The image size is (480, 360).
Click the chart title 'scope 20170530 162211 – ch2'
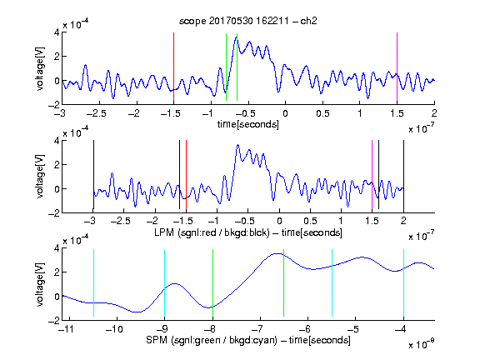[248, 21]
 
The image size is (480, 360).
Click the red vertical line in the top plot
[173, 67]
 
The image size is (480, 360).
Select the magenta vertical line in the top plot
[397, 67]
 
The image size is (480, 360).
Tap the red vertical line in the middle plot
[186, 174]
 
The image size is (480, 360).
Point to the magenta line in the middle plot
[372, 174]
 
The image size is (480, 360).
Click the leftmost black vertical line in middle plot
[93, 174]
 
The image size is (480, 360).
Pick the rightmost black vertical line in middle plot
[403, 174]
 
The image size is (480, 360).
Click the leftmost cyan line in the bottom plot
[93, 282]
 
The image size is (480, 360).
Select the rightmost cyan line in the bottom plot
[403, 282]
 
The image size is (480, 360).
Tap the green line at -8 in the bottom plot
[212, 282]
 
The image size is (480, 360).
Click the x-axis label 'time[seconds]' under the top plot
[248, 124]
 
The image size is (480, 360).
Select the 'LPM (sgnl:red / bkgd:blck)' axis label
[212, 232]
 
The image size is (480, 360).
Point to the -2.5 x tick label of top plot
[96, 113]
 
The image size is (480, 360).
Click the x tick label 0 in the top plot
[285, 113]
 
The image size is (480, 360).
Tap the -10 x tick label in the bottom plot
[114, 329]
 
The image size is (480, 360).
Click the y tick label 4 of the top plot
[57, 32]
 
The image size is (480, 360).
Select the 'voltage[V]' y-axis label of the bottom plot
[40, 285]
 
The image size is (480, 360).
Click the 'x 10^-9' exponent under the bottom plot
[422, 344]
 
